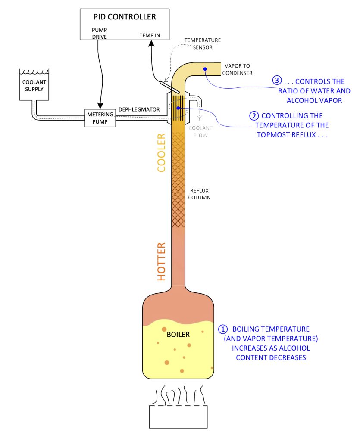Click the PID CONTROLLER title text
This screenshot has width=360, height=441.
coord(125,17)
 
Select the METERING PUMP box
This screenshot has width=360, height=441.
coord(100,118)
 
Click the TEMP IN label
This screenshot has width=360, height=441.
coord(149,36)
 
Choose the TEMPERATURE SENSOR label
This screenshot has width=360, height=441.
coord(202,43)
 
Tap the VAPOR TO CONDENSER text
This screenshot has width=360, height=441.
coord(237,69)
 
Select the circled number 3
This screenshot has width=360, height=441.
coord(277,81)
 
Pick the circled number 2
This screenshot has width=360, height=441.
coord(254,116)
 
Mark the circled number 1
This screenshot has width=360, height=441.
coord(223,329)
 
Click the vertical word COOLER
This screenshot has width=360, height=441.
coord(161,153)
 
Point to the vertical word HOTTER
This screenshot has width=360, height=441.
coord(161,262)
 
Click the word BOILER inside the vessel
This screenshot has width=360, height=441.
coord(178,334)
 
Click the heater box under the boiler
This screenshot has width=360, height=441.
coord(178,416)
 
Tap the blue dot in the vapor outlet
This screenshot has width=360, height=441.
coord(206,69)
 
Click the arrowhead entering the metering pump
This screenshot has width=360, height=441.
coord(100,106)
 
